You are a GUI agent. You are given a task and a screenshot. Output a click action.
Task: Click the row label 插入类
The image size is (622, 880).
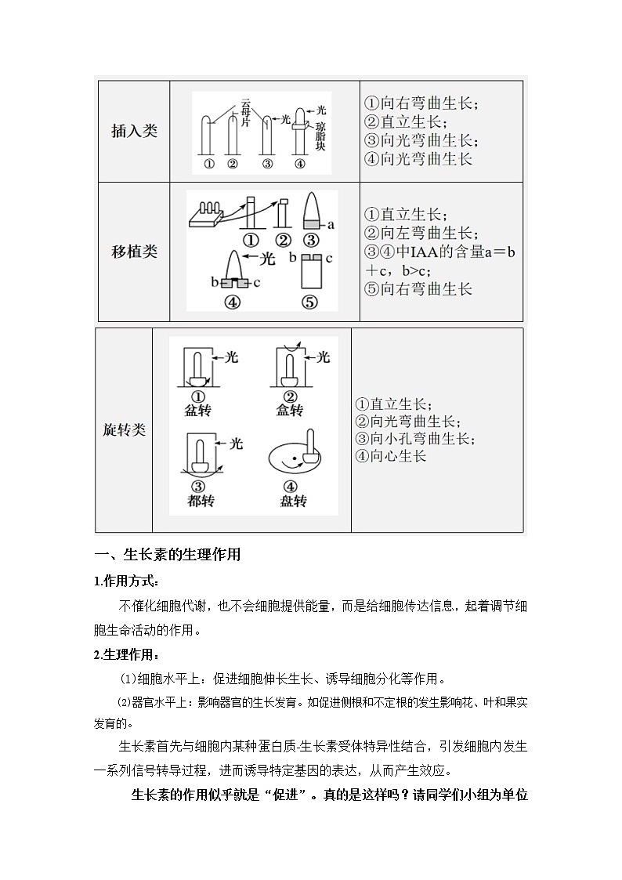pyautogui.click(x=134, y=131)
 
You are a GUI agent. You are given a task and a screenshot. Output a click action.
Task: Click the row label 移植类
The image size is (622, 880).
pyautogui.click(x=134, y=252)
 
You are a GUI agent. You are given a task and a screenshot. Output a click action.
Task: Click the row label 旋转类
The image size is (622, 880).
pyautogui.click(x=125, y=430)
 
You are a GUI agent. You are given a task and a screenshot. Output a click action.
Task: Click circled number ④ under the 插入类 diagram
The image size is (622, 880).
pyautogui.click(x=299, y=164)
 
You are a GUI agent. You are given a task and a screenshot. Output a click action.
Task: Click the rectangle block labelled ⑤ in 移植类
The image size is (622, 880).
pyautogui.click(x=310, y=274)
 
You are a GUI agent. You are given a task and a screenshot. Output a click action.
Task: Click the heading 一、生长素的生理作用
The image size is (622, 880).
pyautogui.click(x=167, y=556)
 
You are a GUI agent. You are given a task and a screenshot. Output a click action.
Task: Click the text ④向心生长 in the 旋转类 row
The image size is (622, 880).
pyautogui.click(x=391, y=455)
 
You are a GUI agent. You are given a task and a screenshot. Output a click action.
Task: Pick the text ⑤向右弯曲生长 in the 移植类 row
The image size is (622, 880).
pyautogui.click(x=419, y=288)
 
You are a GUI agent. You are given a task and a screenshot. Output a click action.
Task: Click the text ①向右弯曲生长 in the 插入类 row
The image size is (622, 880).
pyautogui.click(x=422, y=103)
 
